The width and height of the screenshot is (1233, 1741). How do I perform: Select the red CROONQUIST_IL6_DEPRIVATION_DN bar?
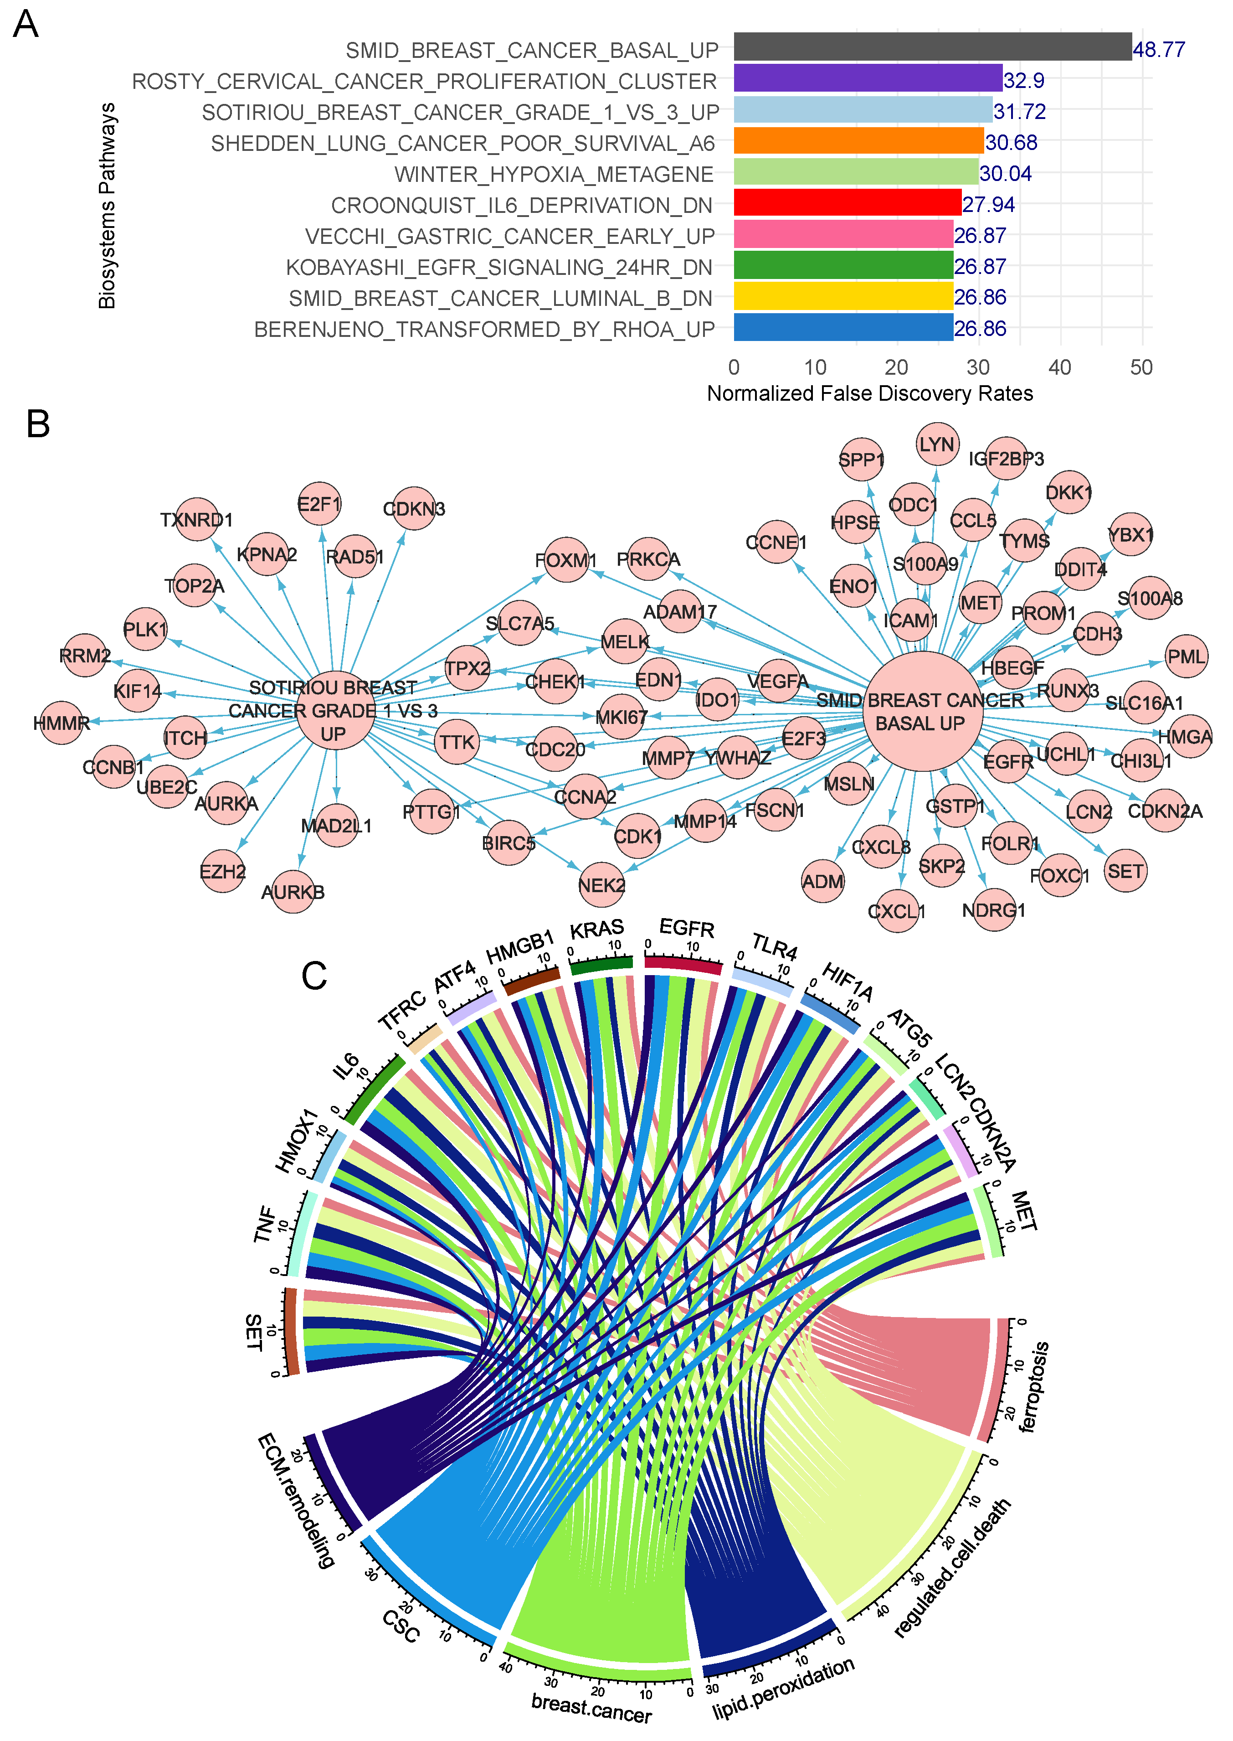[x=847, y=203]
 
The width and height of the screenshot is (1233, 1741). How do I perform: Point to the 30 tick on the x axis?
[x=978, y=367]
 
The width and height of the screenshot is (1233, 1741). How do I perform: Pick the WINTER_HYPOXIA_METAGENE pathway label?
[x=554, y=175]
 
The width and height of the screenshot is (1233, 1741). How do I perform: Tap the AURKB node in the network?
[x=293, y=892]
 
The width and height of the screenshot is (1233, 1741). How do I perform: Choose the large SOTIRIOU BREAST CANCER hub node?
[x=335, y=710]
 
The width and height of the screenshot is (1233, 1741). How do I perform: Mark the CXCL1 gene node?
[x=897, y=911]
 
